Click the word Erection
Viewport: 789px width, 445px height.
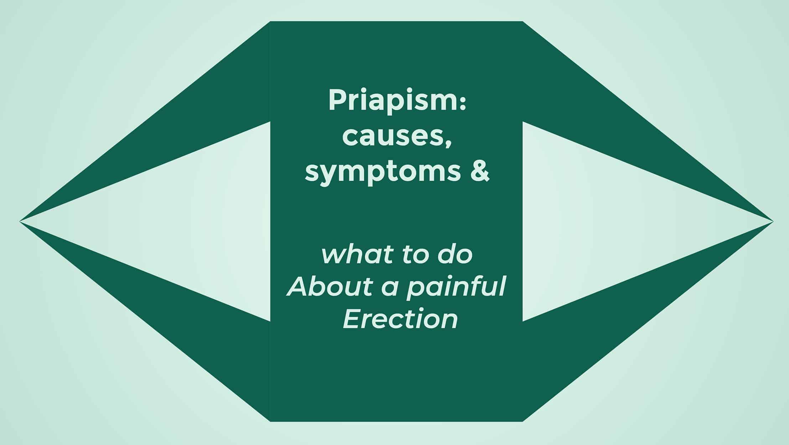(400, 319)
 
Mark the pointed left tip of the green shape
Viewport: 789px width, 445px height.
(20, 221)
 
